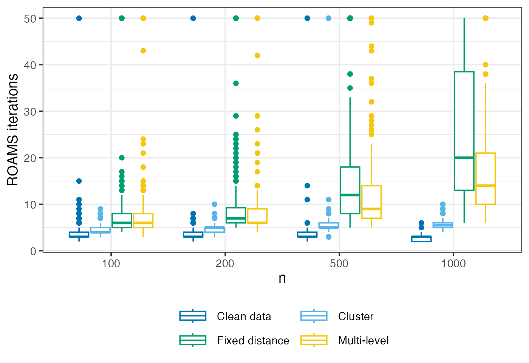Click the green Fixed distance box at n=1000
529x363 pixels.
click(x=464, y=130)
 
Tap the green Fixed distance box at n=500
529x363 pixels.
click(x=350, y=190)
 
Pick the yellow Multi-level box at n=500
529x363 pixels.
click(x=371, y=202)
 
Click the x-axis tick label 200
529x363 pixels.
click(x=225, y=264)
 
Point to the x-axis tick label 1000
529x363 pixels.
click(x=453, y=264)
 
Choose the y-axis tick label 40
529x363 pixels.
click(x=30, y=65)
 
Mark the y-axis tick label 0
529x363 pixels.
click(x=33, y=251)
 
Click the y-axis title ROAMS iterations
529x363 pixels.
click(x=13, y=130)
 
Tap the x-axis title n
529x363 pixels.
click(x=282, y=278)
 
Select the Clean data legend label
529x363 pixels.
click(x=244, y=316)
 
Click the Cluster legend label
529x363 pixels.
click(x=356, y=316)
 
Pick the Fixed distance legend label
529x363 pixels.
click(x=253, y=341)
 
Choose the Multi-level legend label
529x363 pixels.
click(x=363, y=341)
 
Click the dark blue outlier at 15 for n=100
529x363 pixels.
click(x=79, y=181)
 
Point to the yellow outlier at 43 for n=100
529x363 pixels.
click(x=143, y=51)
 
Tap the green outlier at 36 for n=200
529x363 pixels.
click(x=236, y=83)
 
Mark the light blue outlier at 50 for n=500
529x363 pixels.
click(x=329, y=18)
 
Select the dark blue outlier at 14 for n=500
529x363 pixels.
click(x=307, y=186)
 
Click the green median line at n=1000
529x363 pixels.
click(x=464, y=158)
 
